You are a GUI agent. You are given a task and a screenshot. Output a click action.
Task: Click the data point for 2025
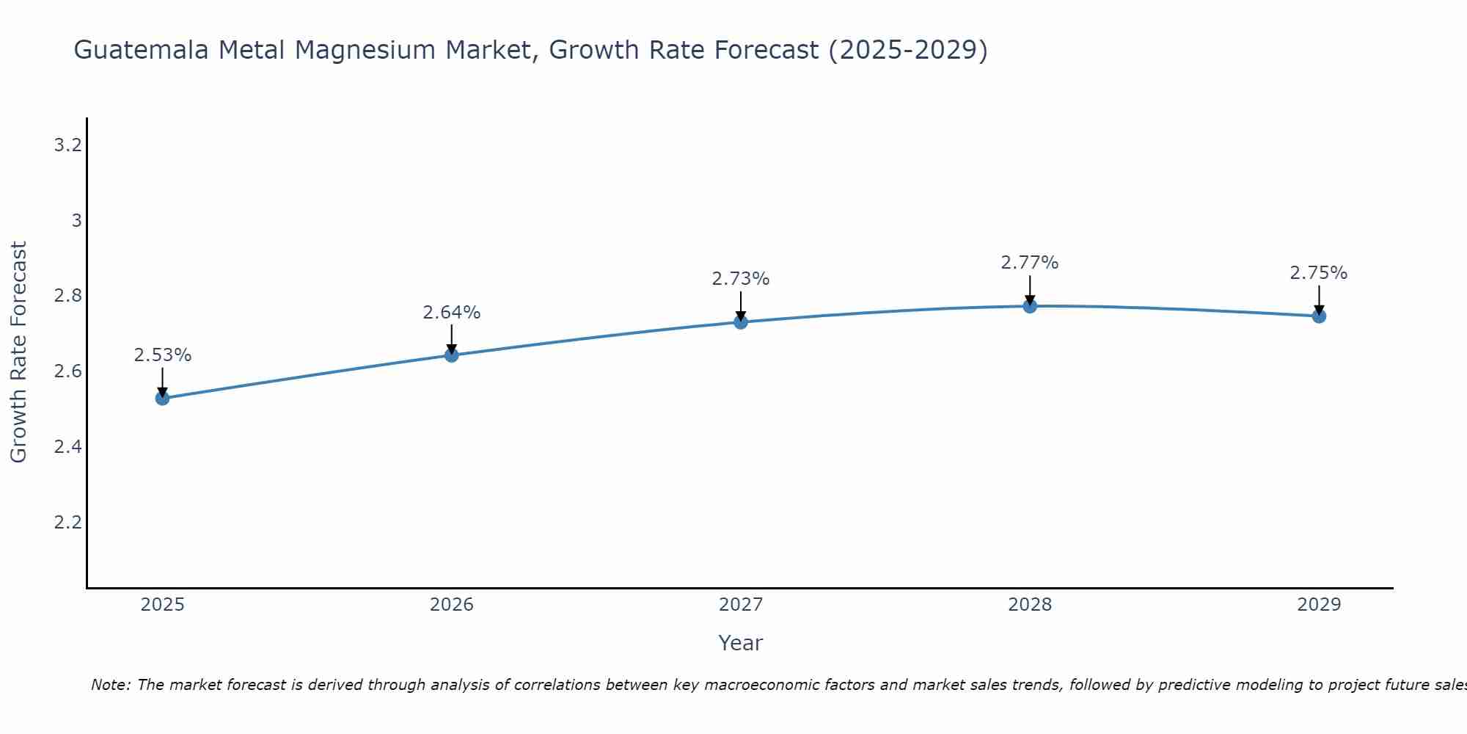(x=162, y=399)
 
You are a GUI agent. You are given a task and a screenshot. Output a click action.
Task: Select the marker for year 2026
(x=452, y=355)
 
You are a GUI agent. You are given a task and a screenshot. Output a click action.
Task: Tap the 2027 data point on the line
(x=741, y=321)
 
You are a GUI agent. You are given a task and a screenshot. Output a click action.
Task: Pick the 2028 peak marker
(x=1030, y=306)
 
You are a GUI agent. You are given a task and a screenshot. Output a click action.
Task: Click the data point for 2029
(x=1319, y=316)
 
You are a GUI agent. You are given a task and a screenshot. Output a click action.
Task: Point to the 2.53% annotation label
(x=162, y=355)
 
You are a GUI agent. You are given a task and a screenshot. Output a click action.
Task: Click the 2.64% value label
(x=452, y=313)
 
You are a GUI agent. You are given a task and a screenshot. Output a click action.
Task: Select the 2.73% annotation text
(x=741, y=279)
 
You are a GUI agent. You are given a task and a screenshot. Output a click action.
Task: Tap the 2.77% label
(x=1030, y=263)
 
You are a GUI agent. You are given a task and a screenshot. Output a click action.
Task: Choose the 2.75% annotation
(x=1319, y=273)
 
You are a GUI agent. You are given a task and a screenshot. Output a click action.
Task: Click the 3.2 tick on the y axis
(x=67, y=145)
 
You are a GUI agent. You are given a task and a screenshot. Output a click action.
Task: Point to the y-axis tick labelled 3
(x=76, y=221)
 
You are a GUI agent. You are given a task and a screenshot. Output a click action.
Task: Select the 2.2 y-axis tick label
(x=67, y=523)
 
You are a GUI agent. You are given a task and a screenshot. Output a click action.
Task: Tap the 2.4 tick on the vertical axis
(x=67, y=447)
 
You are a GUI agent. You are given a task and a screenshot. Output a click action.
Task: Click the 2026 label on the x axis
(x=452, y=605)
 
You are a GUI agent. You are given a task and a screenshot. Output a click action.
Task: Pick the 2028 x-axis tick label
(x=1030, y=605)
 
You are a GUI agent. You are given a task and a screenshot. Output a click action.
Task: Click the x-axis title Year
(x=741, y=643)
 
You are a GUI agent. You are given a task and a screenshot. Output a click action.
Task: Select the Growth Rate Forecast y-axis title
(x=19, y=352)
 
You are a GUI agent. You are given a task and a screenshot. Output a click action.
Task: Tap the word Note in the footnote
(x=110, y=685)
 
